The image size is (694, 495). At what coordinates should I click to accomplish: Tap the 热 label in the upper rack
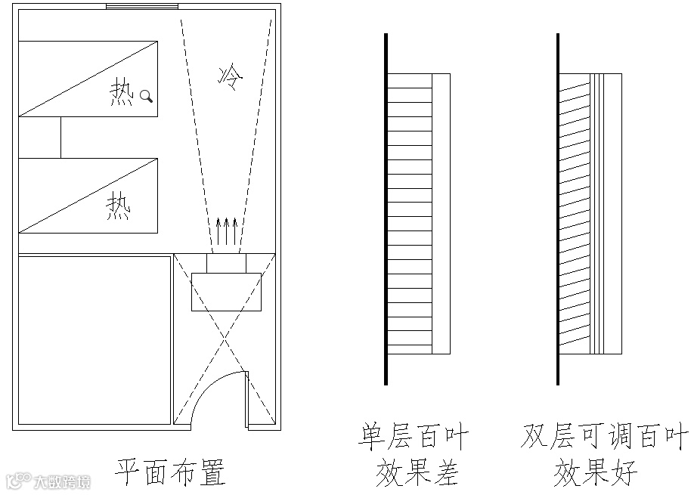(122, 94)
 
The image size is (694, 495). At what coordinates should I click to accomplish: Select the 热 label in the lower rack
(118, 206)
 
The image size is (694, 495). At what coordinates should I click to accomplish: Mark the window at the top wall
(141, 7)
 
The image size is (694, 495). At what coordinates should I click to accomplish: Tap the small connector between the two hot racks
(39, 138)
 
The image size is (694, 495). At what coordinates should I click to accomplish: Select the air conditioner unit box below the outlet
(226, 292)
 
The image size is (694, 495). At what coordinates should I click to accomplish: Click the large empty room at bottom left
(94, 340)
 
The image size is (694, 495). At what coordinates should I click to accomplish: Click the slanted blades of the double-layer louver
(575, 214)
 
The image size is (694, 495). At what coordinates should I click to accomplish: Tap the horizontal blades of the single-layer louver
(409, 214)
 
